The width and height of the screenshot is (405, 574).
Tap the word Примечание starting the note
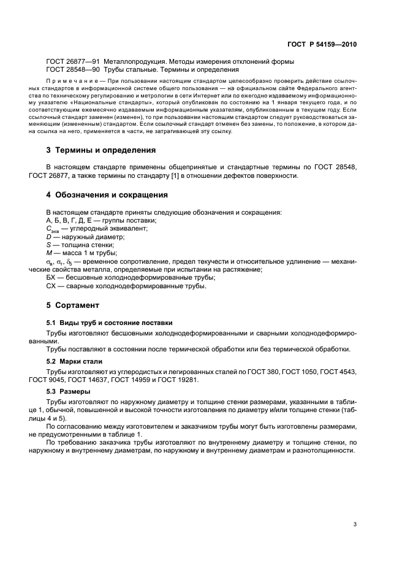tap(67, 81)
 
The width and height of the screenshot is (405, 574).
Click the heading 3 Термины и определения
tap(101, 150)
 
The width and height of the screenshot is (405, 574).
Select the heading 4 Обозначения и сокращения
tap(107, 195)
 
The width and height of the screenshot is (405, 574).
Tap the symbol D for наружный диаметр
tap(49, 236)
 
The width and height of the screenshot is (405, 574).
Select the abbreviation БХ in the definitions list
tap(51, 277)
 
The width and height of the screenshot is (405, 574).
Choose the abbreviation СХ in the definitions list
tap(51, 285)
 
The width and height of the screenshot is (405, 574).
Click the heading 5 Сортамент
tap(73, 305)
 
